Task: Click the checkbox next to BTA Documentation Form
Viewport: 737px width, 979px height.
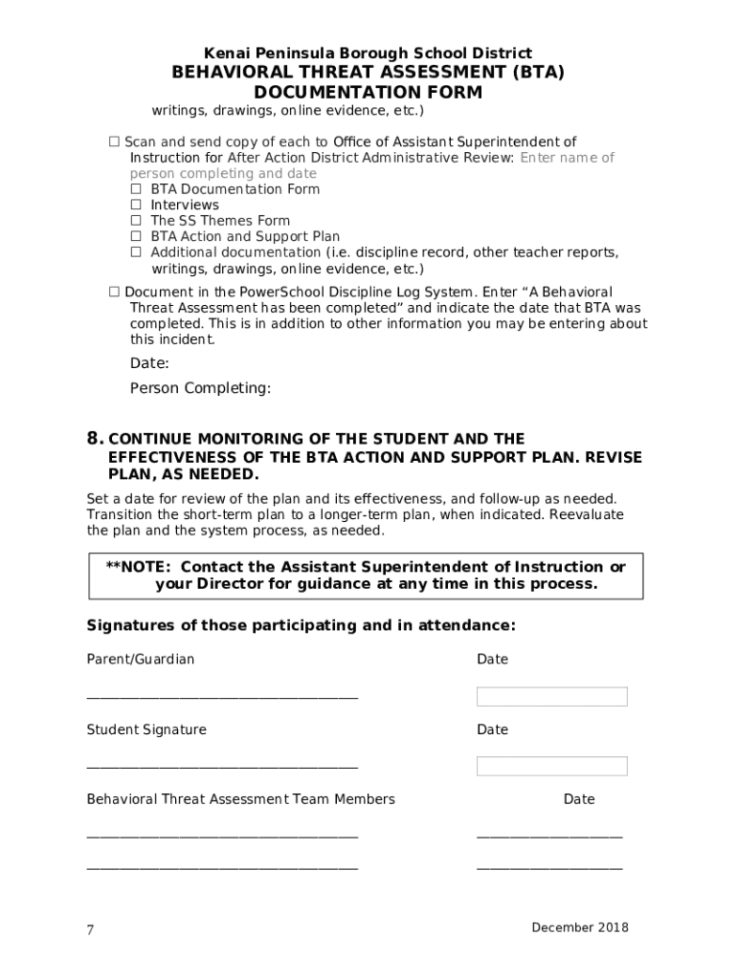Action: click(136, 189)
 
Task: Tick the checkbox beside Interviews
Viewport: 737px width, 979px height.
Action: click(136, 205)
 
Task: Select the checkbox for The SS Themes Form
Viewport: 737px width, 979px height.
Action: click(136, 221)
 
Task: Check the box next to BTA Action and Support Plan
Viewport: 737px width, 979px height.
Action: click(136, 236)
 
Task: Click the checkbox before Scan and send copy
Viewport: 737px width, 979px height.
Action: click(114, 142)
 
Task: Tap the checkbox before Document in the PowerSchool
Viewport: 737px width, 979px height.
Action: click(114, 292)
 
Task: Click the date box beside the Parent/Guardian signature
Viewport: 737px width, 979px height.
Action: click(551, 696)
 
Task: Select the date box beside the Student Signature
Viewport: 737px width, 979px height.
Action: click(551, 766)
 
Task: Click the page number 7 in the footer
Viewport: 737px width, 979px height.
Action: click(91, 930)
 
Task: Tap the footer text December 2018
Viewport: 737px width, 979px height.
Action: click(580, 927)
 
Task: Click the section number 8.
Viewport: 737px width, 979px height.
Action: click(95, 439)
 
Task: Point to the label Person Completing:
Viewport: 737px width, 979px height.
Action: click(200, 388)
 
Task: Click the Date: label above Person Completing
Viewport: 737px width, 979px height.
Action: click(149, 363)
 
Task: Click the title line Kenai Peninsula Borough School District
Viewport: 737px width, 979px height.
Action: click(368, 54)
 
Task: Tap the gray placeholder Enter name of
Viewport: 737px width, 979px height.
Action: click(567, 158)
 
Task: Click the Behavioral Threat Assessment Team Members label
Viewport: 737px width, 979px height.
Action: click(240, 799)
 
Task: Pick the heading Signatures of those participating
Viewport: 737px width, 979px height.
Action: click(301, 626)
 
